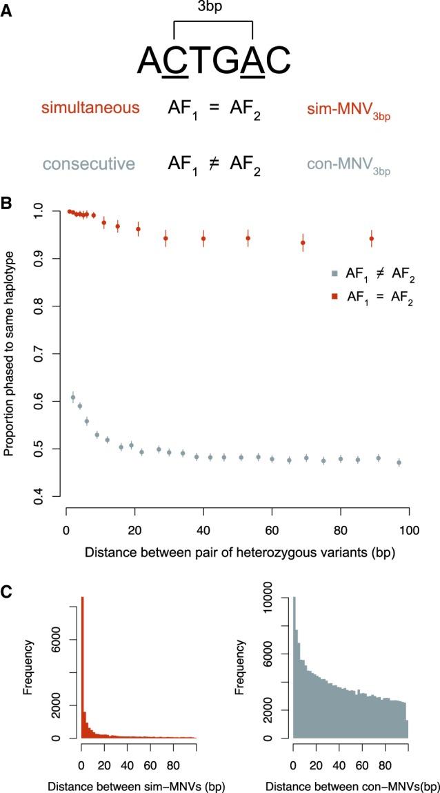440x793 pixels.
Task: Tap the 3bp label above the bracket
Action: pos(213,8)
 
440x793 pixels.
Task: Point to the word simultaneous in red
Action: pos(90,108)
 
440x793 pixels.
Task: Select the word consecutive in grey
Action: pos(88,164)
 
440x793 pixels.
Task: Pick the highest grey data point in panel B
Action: pos(73,398)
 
